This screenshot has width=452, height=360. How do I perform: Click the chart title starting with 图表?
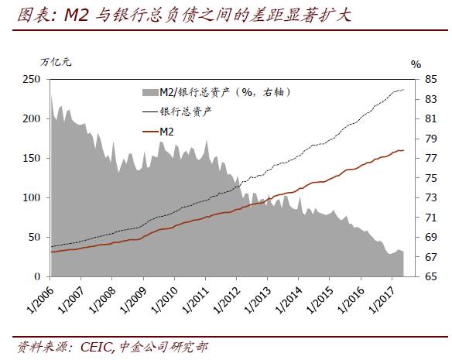pyautogui.click(x=178, y=15)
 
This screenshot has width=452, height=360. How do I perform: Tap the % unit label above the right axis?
pyautogui.click(x=416, y=64)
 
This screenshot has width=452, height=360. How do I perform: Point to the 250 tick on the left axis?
pyautogui.click(x=32, y=80)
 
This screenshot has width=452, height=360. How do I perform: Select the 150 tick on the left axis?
pyautogui.click(x=32, y=159)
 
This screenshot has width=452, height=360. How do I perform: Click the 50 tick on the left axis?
pyautogui.click(x=35, y=238)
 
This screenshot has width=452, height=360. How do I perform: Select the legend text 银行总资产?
pyautogui.click(x=186, y=111)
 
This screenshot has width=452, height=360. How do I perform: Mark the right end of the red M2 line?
pyautogui.click(x=403, y=150)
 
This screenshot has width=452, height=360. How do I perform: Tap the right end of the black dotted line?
pyautogui.click(x=403, y=91)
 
